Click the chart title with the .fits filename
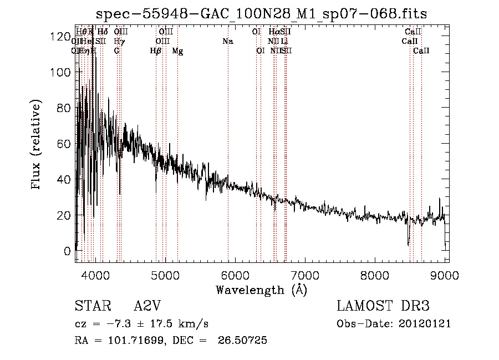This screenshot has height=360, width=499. pyautogui.click(x=261, y=13)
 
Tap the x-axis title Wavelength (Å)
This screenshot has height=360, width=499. pyautogui.click(x=261, y=290)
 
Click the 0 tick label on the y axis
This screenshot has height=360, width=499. pyautogui.click(x=67, y=251)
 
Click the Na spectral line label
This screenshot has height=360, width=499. pyautogui.click(x=228, y=42)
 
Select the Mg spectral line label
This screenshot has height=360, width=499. pyautogui.click(x=177, y=51)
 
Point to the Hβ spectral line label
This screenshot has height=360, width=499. pyautogui.click(x=156, y=51)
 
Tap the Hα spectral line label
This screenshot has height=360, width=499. pyautogui.click(x=274, y=32)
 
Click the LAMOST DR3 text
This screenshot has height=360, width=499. pyautogui.click(x=383, y=307)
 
